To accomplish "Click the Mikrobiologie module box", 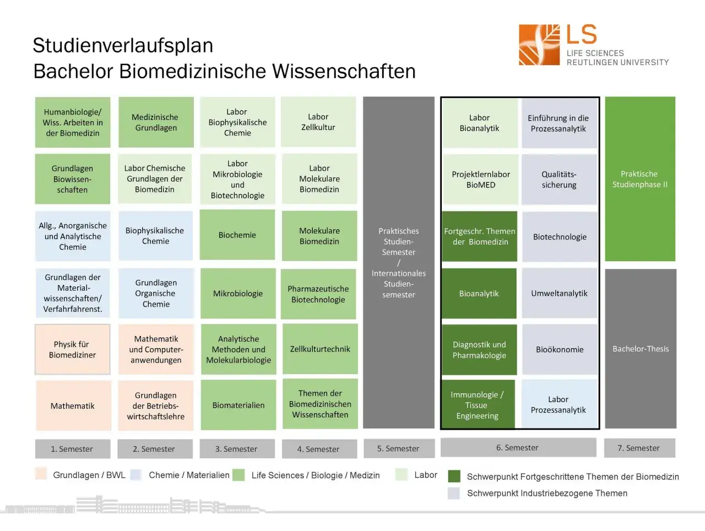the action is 238,293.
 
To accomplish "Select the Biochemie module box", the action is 237,235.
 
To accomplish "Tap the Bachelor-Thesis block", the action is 641,349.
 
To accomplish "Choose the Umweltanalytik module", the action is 560,293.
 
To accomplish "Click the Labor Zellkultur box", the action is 318,122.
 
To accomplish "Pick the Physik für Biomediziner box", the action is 73,349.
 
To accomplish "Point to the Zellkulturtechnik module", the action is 320,349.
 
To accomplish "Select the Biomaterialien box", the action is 238,405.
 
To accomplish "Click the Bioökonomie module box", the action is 560,350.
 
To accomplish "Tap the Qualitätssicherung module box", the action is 559,180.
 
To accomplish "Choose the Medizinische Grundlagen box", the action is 156,122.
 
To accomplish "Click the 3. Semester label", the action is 237,449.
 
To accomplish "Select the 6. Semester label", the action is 518,447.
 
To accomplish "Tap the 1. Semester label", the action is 73,449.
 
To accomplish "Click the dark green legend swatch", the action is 454,476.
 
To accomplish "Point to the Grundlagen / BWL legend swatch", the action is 41,474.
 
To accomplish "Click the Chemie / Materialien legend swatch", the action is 136,474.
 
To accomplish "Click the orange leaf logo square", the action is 539,45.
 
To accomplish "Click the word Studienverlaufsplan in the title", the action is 123,45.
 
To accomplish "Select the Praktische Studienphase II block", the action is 640,179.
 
